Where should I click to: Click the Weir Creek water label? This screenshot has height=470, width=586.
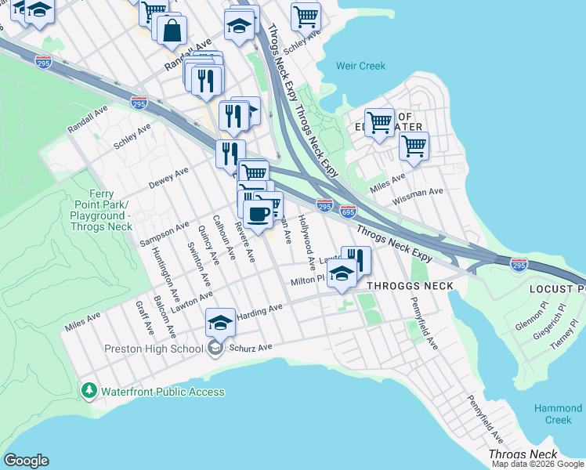click(x=360, y=66)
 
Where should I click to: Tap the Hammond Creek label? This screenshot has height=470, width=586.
click(x=558, y=414)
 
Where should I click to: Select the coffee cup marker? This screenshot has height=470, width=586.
click(x=258, y=212)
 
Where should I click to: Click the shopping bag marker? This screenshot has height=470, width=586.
click(x=172, y=31)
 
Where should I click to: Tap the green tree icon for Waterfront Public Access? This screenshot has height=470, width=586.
click(x=89, y=390)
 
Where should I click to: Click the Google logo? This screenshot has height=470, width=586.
click(x=26, y=461)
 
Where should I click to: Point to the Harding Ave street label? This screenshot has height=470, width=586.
click(x=259, y=310)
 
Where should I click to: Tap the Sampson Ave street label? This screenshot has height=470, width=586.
click(x=165, y=233)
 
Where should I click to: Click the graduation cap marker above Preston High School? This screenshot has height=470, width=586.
click(x=220, y=322)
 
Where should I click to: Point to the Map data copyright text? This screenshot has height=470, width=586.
click(x=537, y=464)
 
